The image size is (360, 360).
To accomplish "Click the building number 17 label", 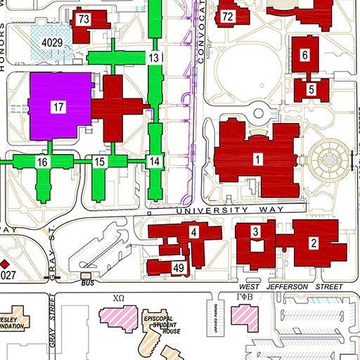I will click(x=58, y=108).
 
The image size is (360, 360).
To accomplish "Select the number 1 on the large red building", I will click(x=258, y=160).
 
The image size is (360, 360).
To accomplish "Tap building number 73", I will click(x=84, y=19).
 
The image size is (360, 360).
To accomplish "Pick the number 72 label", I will click(x=227, y=16).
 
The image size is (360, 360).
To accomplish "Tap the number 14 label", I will click(x=155, y=162).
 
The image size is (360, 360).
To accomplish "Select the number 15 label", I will click(x=99, y=162).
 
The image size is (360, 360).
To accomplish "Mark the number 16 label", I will click(x=43, y=162).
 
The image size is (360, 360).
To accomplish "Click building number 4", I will click(x=193, y=231).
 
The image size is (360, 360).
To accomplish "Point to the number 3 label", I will click(x=256, y=232).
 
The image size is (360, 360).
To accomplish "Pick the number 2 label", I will click(x=314, y=243).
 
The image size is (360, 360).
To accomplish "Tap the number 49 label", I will click(x=178, y=268).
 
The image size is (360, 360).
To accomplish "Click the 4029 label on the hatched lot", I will click(x=51, y=44).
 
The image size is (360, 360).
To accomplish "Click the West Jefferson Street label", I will click(x=291, y=287).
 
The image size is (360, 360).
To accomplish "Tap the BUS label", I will click(x=88, y=283).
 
